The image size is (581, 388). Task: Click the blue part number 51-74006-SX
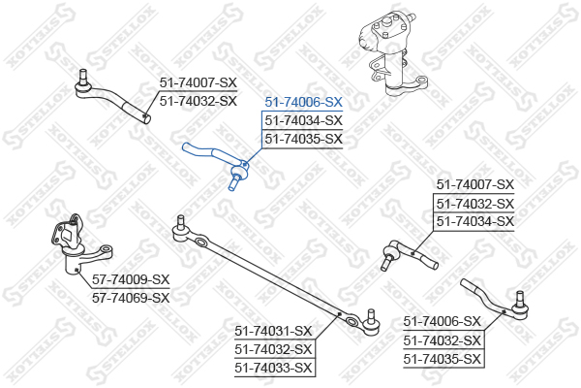pyautogui.click(x=303, y=102)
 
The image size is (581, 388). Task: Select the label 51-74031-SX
pyautogui.click(x=273, y=331)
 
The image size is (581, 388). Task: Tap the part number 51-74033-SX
pyautogui.click(x=273, y=368)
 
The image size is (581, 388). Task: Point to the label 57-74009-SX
pyautogui.click(x=131, y=279)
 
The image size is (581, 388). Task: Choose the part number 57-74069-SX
pyautogui.click(x=131, y=298)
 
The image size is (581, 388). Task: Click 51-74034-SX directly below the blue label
pyautogui.click(x=303, y=120)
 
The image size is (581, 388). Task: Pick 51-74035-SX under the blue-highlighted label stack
pyautogui.click(x=303, y=140)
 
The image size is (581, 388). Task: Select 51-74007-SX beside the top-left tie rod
pyautogui.click(x=199, y=82)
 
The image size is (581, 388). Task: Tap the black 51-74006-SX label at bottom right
pyautogui.click(x=443, y=321)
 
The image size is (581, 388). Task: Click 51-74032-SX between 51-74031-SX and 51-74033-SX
pyautogui.click(x=273, y=349)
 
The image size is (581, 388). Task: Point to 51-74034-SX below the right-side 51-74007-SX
pyautogui.click(x=475, y=222)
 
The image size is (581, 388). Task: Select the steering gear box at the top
pyautogui.click(x=392, y=52)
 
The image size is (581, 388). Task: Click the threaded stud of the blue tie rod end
pyautogui.click(x=233, y=183)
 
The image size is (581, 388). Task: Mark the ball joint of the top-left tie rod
pyautogui.click(x=83, y=85)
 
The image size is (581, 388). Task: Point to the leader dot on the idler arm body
pyautogui.click(x=76, y=270)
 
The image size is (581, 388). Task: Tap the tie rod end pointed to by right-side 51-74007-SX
pyautogui.click(x=410, y=254)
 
